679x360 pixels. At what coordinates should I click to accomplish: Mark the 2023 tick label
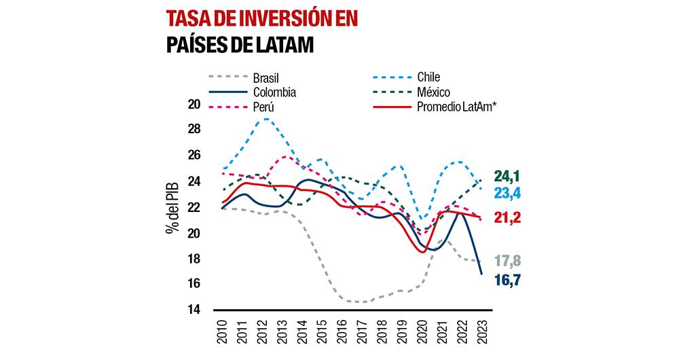pos(481,333)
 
